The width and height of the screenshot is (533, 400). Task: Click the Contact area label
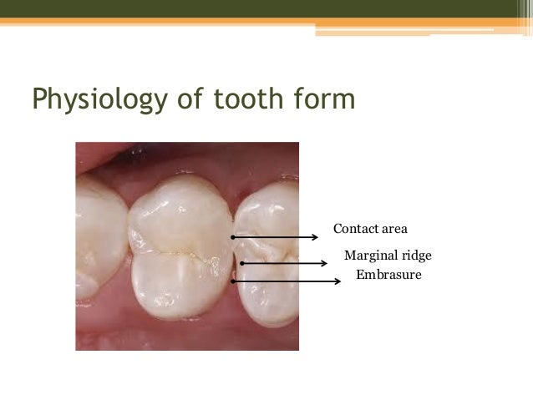tap(370, 228)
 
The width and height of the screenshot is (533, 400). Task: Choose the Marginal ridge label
tap(388, 255)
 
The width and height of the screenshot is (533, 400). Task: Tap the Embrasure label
tap(388, 274)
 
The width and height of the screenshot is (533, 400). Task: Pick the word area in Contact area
tap(393, 228)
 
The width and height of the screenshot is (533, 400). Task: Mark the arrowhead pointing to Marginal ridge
tap(324, 264)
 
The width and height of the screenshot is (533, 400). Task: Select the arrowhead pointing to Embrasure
tap(338, 281)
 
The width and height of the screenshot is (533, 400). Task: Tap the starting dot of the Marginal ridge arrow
tap(241, 264)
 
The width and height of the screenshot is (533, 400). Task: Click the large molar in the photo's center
tap(180, 251)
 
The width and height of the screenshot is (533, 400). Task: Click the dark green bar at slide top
tap(266, 8)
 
